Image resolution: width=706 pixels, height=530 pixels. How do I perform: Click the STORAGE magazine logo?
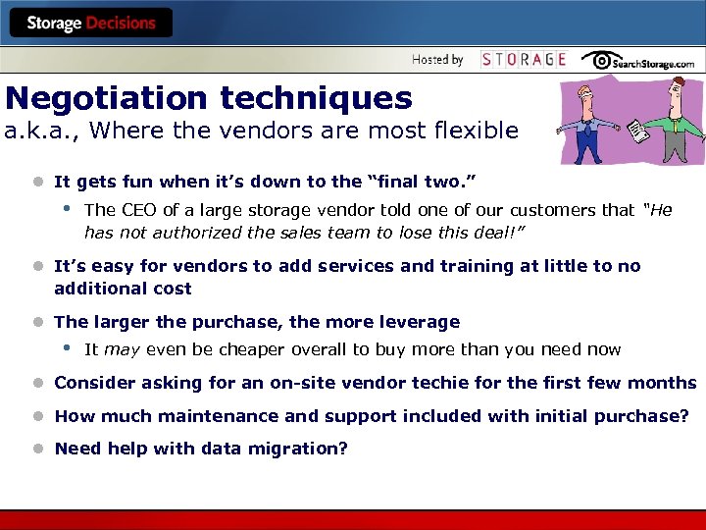coord(524,60)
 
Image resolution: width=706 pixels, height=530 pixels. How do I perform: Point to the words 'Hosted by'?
coord(437,60)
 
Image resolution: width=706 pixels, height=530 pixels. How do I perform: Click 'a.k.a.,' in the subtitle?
coord(37,131)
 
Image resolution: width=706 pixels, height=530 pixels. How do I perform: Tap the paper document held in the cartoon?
coord(637,130)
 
